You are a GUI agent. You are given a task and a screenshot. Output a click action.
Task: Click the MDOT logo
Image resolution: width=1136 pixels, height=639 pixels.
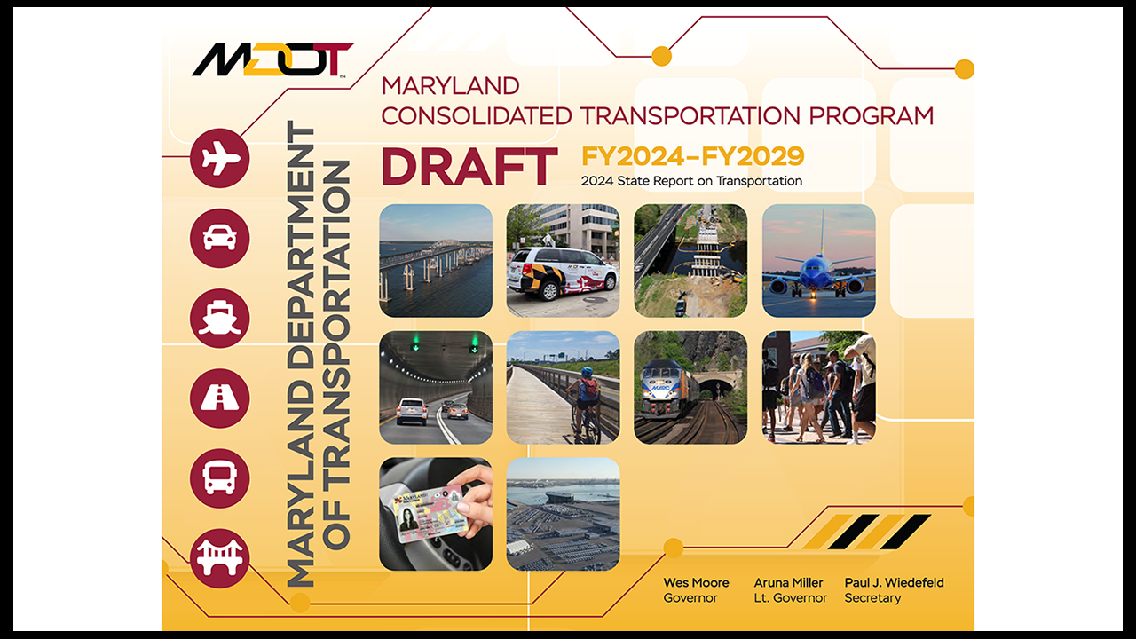[272, 59]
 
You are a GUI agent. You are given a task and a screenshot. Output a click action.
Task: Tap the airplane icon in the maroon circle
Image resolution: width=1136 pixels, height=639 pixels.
[220, 158]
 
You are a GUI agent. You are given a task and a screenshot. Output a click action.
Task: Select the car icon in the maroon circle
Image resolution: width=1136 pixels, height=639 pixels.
[219, 239]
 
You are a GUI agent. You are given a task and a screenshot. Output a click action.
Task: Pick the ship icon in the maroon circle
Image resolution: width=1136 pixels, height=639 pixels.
[219, 318]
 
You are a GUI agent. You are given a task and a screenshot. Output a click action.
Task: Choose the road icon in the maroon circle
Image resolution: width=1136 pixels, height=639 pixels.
[219, 398]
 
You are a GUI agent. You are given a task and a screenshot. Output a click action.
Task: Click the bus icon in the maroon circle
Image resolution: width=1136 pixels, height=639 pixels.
[219, 478]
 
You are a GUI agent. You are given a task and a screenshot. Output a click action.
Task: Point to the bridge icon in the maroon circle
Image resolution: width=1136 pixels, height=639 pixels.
[219, 558]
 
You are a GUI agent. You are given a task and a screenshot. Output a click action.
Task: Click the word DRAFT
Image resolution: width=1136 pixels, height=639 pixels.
[469, 167]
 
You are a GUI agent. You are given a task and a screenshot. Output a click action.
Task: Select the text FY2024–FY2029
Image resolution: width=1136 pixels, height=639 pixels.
[693, 156]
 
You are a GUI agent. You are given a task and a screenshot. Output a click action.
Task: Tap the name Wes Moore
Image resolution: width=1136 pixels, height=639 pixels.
[696, 583]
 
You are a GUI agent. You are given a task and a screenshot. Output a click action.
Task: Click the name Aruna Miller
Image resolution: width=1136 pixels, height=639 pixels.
[788, 583]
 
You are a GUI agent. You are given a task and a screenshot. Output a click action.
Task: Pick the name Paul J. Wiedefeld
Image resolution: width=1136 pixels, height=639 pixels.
[894, 583]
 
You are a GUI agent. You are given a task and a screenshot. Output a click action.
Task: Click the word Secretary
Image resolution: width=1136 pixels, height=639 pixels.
[872, 598]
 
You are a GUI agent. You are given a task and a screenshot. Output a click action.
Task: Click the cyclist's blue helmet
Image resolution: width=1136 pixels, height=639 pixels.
[587, 373]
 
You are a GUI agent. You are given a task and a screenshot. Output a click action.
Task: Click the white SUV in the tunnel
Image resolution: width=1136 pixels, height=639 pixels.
[411, 411]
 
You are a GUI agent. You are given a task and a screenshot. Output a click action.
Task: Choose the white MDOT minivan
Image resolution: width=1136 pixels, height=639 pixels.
[562, 272]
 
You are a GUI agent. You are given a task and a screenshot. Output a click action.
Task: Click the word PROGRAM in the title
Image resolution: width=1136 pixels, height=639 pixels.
[871, 116]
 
